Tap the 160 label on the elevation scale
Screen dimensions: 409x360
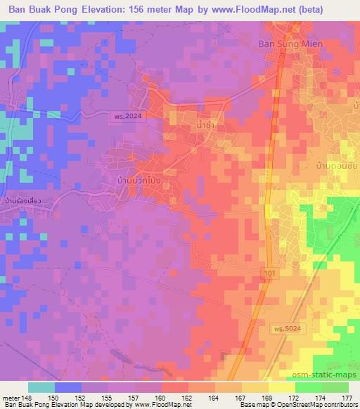tap(162, 398)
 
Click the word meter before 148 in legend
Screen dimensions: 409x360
tap(11, 398)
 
